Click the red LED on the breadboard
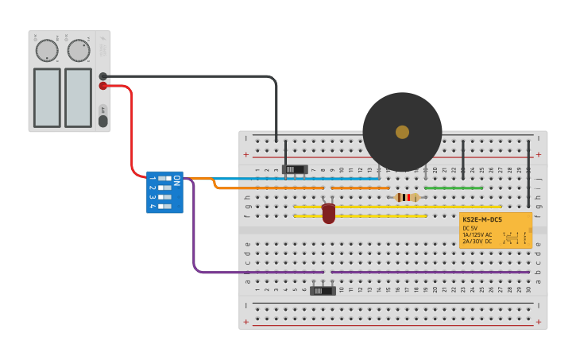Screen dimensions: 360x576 328,213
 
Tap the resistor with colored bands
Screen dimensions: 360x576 407,197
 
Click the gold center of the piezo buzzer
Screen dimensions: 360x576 402,132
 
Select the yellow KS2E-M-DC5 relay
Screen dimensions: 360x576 495,230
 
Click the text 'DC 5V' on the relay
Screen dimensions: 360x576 471,228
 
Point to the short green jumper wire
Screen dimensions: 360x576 453,188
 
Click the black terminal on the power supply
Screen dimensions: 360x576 103,76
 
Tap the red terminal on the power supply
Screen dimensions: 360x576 103,86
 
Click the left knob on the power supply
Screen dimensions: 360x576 47,51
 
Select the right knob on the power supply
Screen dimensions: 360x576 78,51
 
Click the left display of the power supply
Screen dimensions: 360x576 47,97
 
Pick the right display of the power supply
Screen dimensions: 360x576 78,97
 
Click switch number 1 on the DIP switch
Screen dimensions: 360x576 164,179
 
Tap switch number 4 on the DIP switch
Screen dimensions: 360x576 164,207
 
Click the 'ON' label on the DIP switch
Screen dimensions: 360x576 176,181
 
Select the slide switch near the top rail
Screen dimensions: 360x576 296,169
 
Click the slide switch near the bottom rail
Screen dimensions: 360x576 323,291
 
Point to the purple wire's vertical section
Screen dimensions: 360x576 193,230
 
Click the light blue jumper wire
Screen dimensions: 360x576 286,179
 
